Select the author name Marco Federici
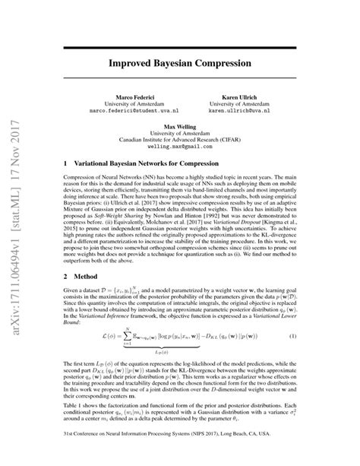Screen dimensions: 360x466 [125, 99]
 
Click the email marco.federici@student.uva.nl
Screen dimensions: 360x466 [125, 114]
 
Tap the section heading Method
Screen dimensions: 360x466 [84, 271]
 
